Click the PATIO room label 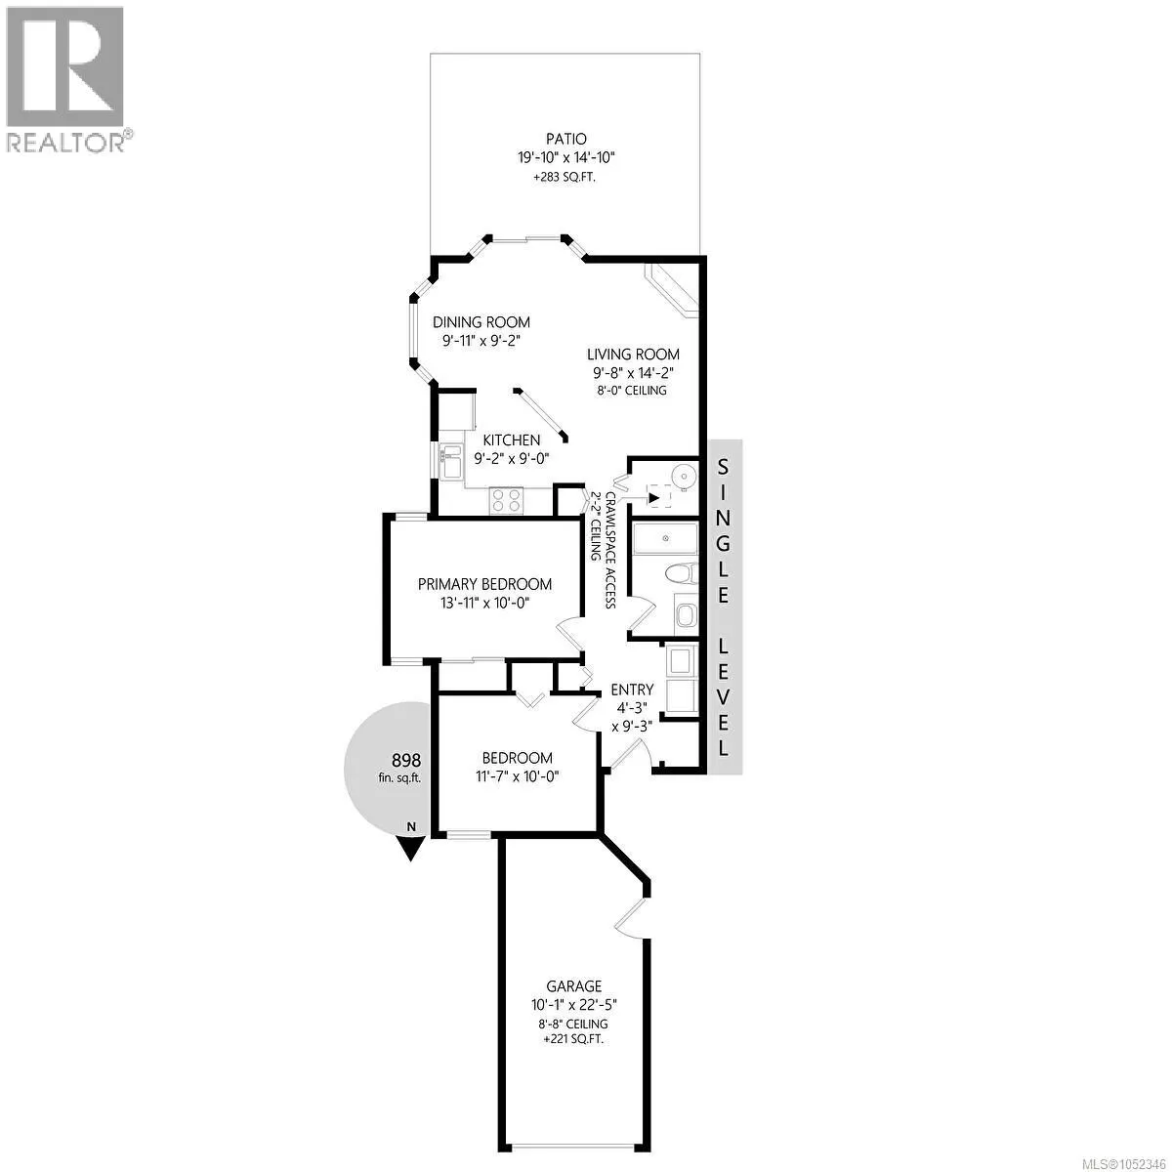(x=565, y=140)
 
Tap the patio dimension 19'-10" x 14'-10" (x=566, y=158)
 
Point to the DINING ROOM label (x=481, y=321)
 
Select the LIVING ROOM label (x=633, y=354)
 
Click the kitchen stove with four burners (x=507, y=501)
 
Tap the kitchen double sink (x=451, y=462)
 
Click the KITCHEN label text (x=512, y=439)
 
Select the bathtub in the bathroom (x=665, y=538)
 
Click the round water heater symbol (x=685, y=474)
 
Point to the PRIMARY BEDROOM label (x=484, y=584)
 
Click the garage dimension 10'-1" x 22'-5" (x=574, y=1005)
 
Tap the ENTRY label (x=632, y=690)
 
